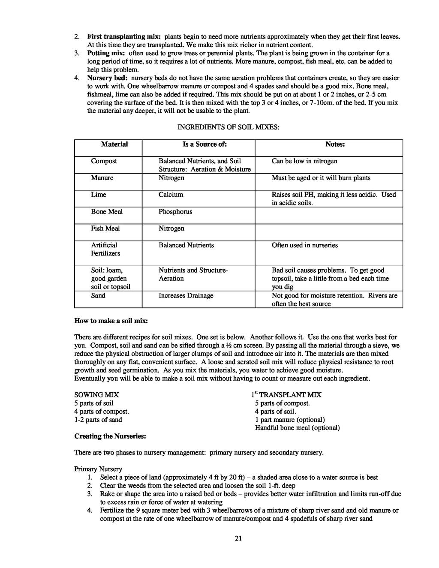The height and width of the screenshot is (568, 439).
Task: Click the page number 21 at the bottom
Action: (239, 539)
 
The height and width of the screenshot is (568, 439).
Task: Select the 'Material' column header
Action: (114, 144)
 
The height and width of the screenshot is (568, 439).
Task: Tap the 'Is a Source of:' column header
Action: (205, 144)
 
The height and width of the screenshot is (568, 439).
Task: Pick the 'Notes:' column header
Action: (335, 144)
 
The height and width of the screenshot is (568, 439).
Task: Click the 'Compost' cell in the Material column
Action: (104, 161)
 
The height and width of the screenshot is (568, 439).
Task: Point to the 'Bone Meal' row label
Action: (107, 212)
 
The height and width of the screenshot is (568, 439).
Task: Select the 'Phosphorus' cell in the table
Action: (175, 212)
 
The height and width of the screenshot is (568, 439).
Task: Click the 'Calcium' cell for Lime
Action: (171, 195)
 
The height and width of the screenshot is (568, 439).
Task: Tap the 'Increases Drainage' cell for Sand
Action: (186, 296)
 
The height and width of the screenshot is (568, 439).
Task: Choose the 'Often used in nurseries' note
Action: (305, 245)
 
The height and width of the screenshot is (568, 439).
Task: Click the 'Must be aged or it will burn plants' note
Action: (321, 178)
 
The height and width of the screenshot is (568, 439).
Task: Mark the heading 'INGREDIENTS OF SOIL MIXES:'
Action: (229, 127)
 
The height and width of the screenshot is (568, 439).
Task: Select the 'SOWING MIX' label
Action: (96, 395)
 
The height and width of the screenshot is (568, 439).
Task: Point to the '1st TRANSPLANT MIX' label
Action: (286, 395)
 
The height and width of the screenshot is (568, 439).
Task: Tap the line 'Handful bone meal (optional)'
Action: (297, 428)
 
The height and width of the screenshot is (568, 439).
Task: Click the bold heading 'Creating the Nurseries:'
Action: (110, 436)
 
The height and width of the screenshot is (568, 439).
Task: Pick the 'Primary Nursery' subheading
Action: (98, 469)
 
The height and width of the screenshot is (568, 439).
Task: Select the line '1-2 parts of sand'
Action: (98, 420)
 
